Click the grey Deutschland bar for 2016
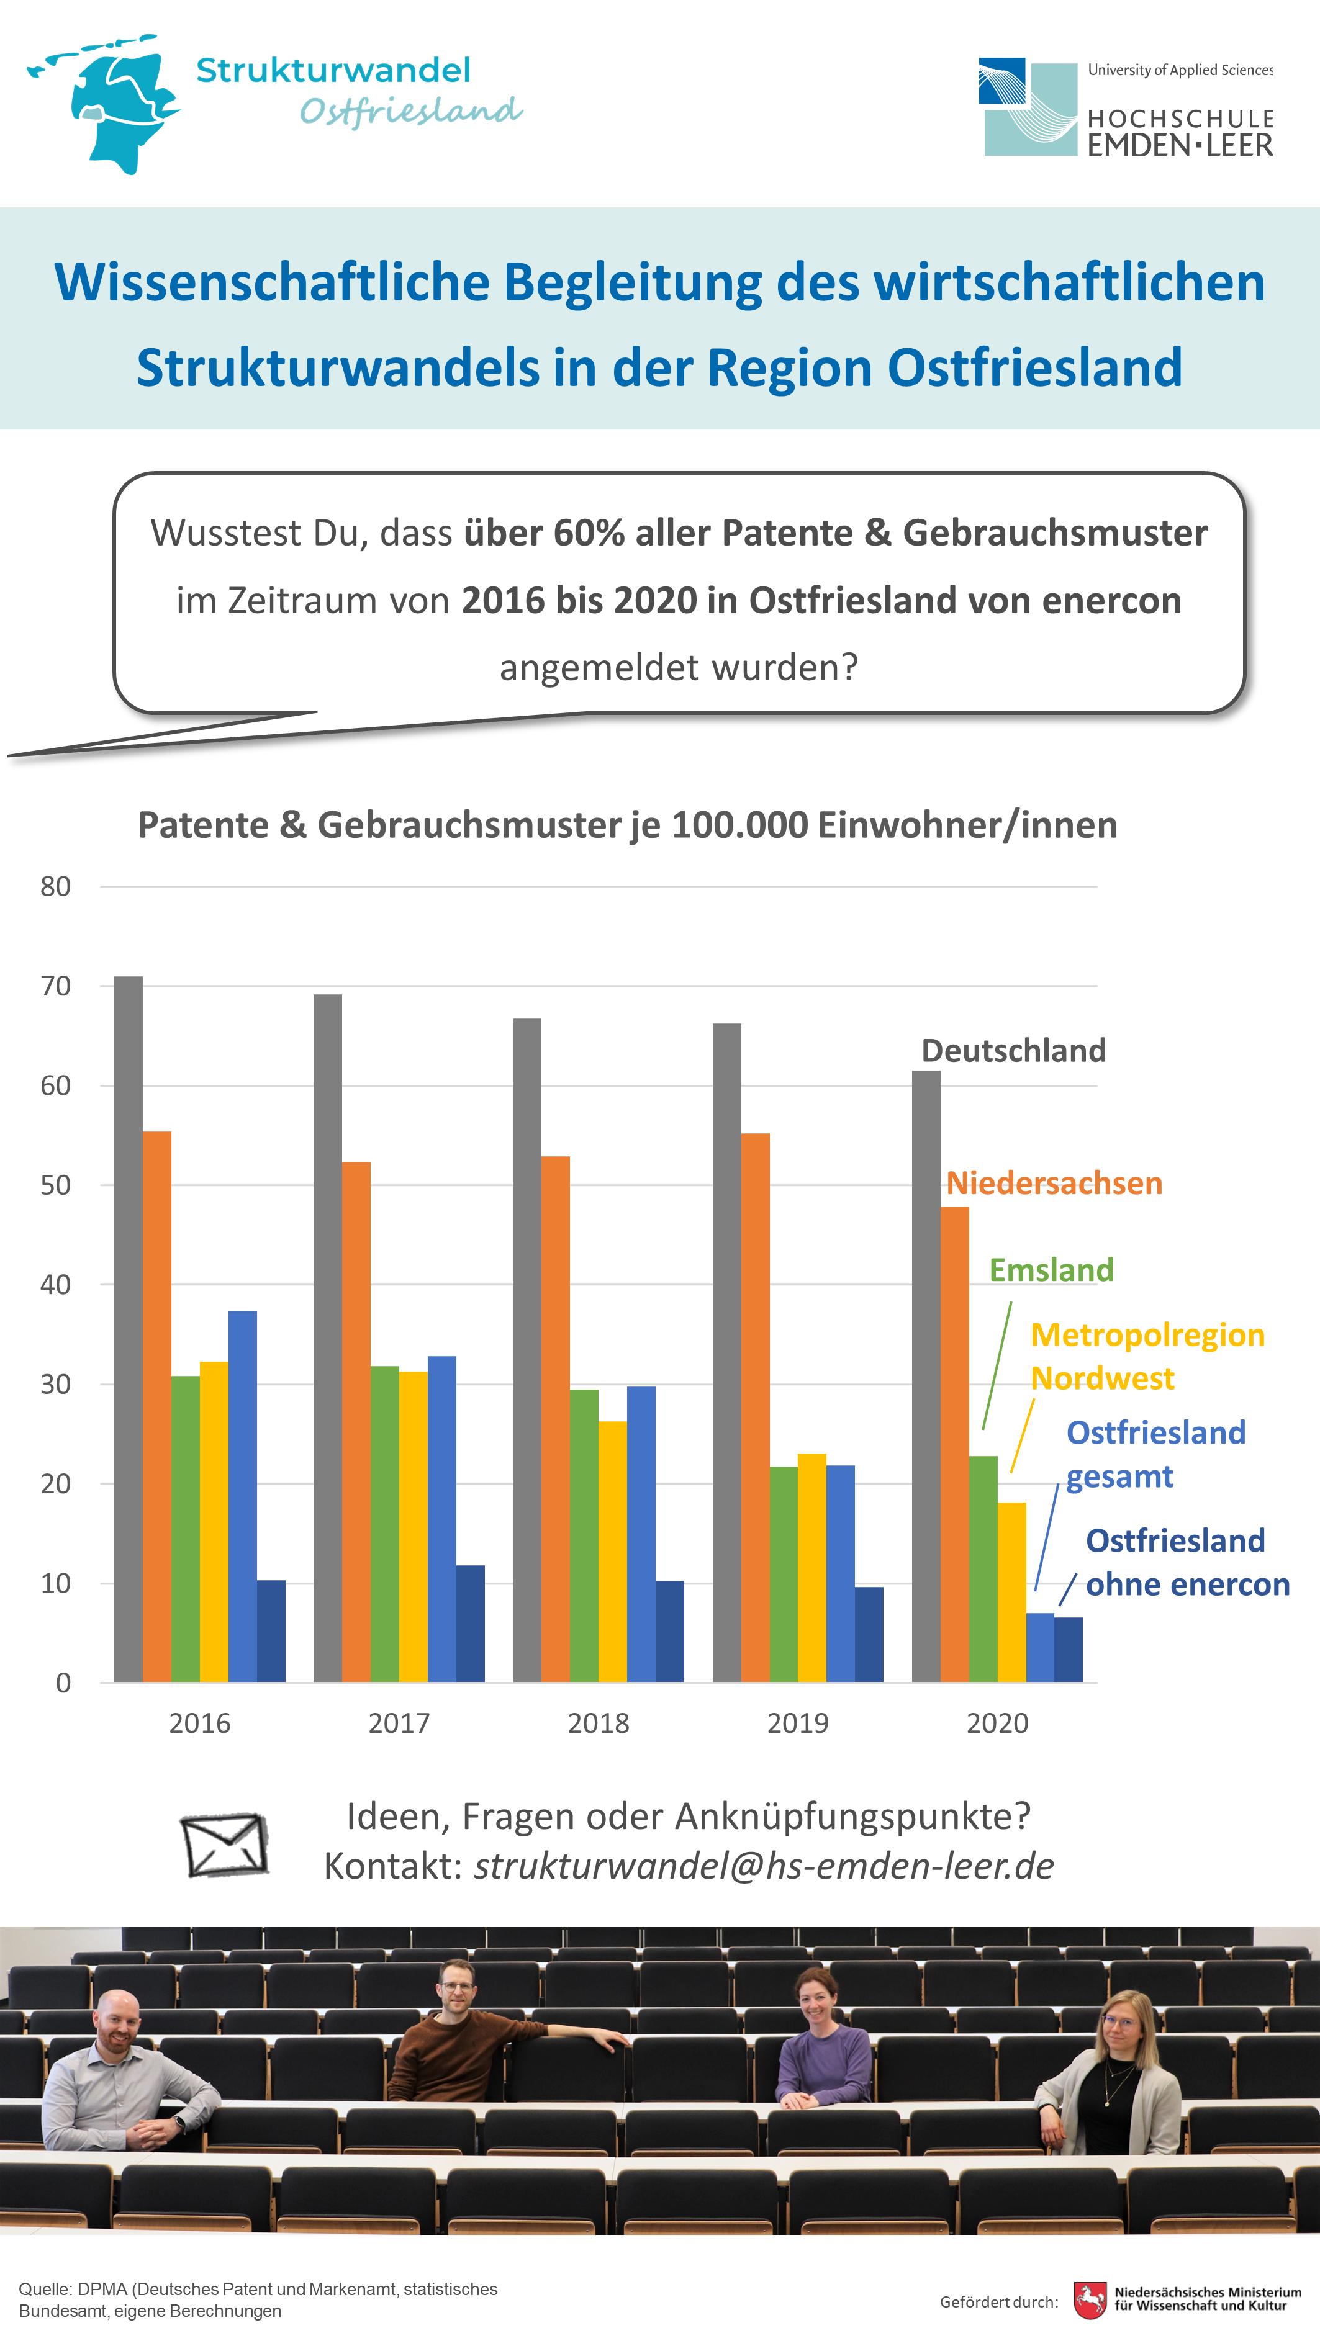[129, 1329]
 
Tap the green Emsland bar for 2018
[584, 1535]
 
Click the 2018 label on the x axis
[599, 1723]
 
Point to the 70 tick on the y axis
[56, 986]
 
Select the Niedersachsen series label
[1054, 1183]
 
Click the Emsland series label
[1051, 1270]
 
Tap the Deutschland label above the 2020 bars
[1014, 1050]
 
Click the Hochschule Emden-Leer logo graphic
[1028, 107]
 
